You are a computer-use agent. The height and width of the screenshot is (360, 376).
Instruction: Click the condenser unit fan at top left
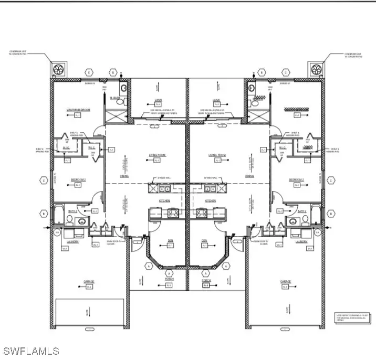57,69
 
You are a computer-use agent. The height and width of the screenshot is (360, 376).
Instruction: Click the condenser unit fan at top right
317,69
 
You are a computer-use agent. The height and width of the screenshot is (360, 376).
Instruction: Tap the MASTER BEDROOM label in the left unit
78,110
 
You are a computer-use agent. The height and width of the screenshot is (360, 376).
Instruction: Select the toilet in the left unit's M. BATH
120,101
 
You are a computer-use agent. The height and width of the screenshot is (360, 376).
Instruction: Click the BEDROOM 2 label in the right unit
296,179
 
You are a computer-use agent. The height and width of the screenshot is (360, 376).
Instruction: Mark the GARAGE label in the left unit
89,281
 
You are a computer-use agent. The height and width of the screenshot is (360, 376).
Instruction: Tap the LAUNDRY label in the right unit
301,241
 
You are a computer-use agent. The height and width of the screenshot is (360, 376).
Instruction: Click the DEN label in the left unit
169,240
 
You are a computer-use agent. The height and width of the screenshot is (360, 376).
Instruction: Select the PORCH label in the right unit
206,279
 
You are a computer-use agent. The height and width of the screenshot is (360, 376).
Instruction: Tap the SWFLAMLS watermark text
30,350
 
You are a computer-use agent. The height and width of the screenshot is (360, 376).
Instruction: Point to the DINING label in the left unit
124,176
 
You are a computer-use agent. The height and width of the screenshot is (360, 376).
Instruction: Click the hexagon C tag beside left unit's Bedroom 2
43,181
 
